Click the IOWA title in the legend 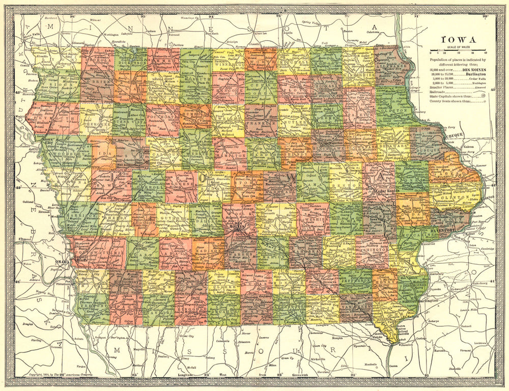pos(458,40)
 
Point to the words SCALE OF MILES pos(458,47)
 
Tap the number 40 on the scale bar pos(485,52)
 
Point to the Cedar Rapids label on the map pos(389,191)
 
